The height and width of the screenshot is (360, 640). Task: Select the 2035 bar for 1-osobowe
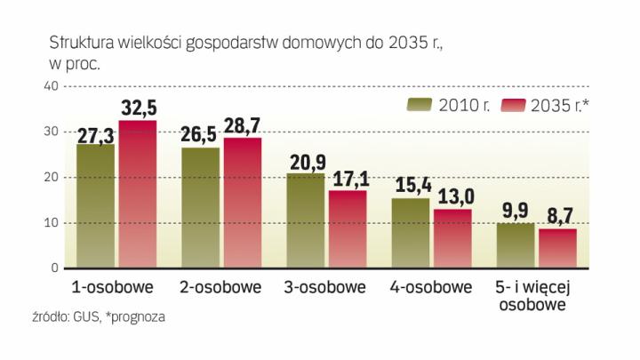[138, 194]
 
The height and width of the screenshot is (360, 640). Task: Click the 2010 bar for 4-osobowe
[411, 232]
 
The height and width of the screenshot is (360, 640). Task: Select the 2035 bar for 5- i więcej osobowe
[557, 248]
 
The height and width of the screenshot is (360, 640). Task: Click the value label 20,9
[307, 163]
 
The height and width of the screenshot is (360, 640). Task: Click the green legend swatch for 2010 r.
[419, 106]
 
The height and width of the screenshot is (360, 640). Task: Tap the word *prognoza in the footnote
[135, 316]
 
